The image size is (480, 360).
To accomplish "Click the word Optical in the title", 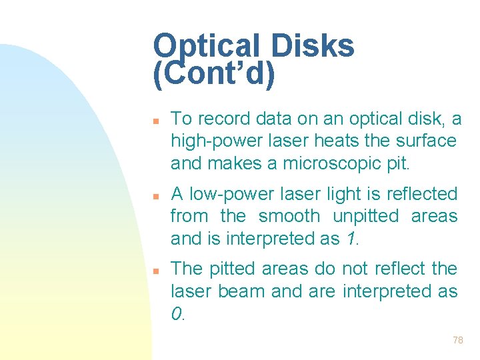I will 207,47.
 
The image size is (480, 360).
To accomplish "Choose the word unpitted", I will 366,217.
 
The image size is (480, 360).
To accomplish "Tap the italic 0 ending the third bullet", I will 176,313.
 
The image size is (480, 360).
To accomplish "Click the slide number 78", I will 457,340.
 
